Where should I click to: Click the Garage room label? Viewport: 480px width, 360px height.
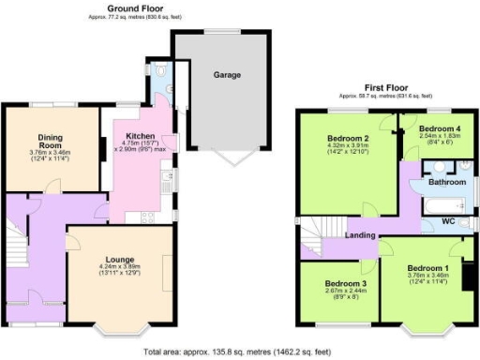227,74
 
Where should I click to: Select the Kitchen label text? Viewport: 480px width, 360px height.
140,136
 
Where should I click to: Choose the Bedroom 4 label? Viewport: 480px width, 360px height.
438,127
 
